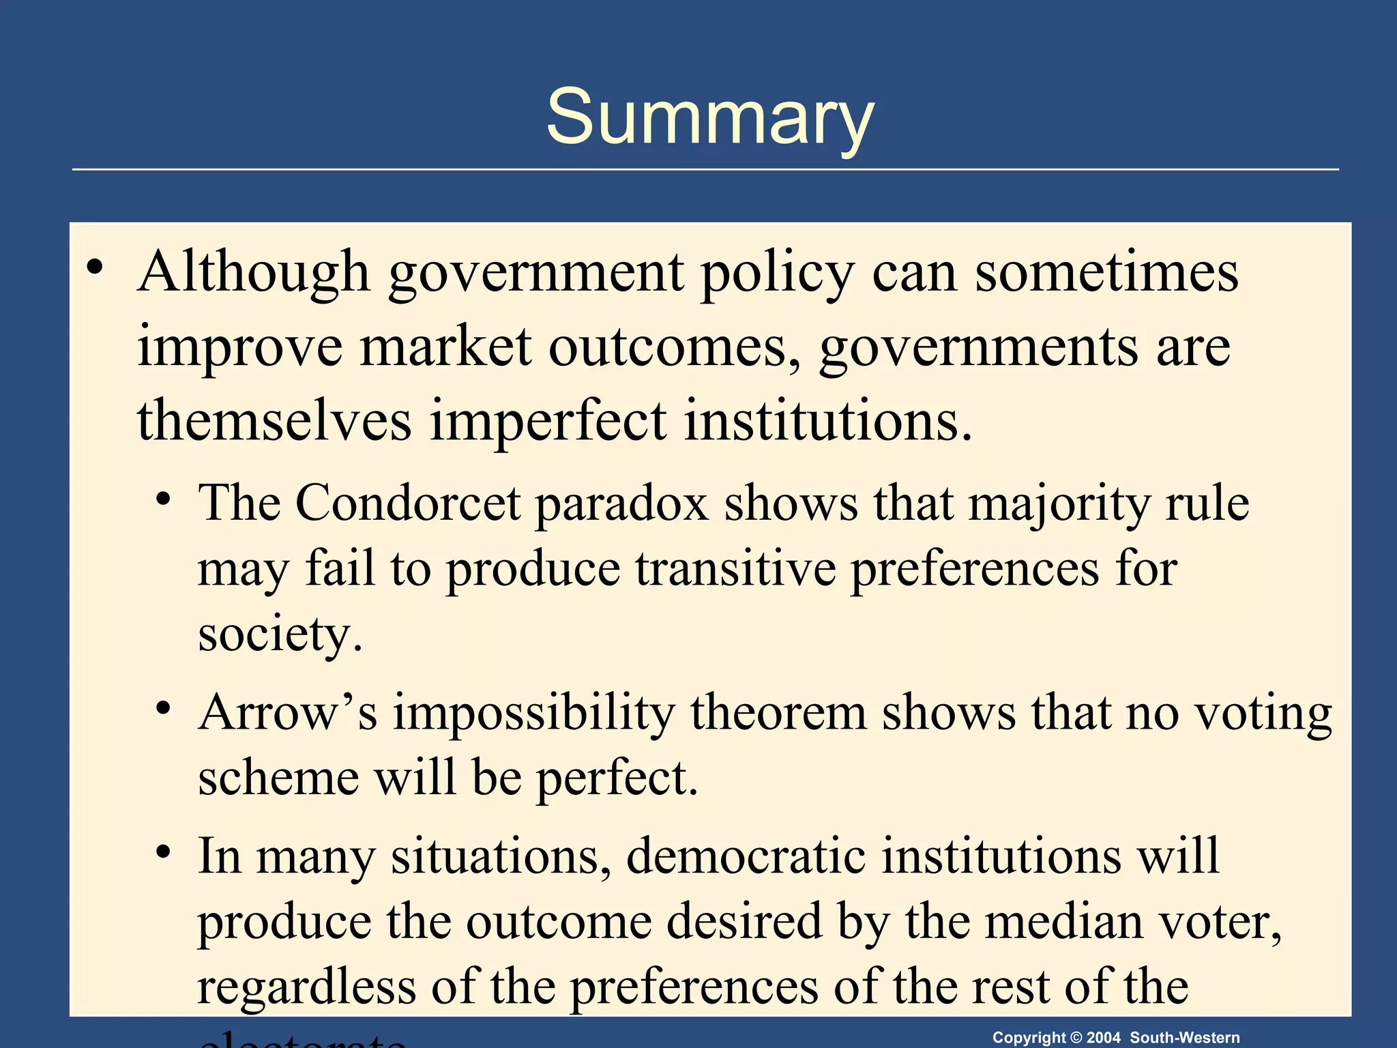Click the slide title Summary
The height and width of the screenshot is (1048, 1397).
[x=709, y=117]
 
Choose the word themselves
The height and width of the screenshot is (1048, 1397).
[x=274, y=420]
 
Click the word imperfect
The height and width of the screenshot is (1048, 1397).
[x=548, y=420]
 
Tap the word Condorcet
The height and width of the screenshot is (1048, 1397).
[x=407, y=503]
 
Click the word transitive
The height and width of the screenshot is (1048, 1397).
[x=735, y=568]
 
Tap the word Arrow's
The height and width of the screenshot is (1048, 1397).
[x=287, y=712]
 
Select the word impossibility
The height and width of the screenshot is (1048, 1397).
[x=533, y=714]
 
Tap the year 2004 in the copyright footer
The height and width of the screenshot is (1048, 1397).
[x=1103, y=1038]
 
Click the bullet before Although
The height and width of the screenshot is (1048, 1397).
[x=95, y=267]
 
